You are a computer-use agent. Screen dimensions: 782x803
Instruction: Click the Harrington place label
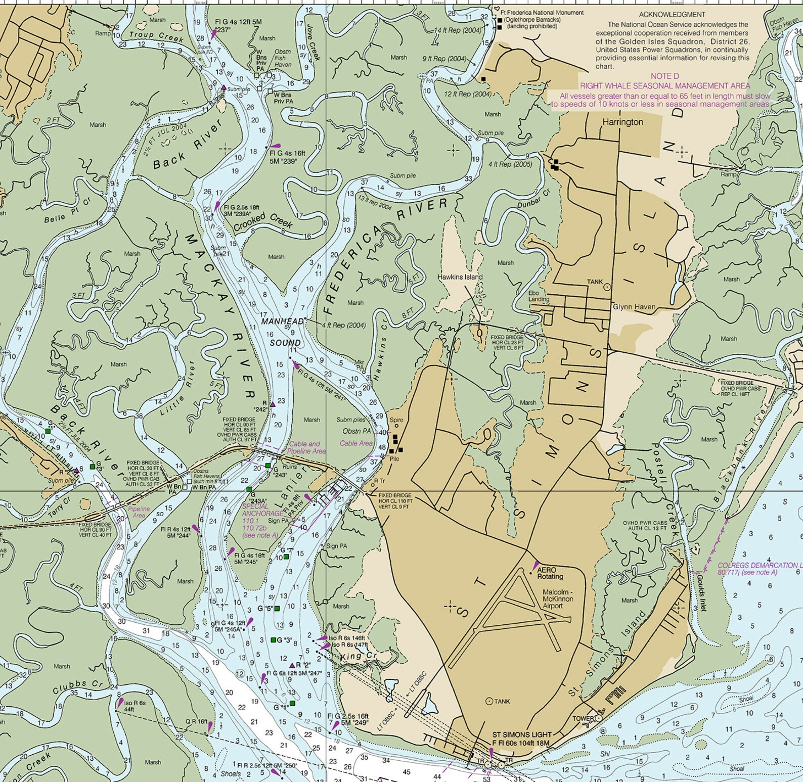point(622,122)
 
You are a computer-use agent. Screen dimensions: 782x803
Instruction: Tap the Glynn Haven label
point(634,307)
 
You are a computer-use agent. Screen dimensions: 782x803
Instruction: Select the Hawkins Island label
point(460,277)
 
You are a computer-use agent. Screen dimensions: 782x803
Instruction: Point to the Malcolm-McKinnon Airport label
point(558,599)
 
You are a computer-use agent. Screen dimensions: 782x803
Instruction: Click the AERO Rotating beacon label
point(550,573)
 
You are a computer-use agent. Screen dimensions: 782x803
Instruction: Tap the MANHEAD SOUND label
point(284,332)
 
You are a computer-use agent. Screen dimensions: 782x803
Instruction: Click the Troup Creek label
point(156,36)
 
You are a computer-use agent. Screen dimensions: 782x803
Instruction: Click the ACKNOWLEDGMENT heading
point(672,15)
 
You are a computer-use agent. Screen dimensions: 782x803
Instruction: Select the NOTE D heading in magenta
point(664,76)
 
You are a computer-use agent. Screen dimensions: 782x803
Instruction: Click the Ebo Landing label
point(538,296)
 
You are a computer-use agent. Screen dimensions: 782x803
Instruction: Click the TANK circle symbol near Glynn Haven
point(607,287)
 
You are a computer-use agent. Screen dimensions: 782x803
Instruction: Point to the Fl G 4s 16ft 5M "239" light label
point(287,157)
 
